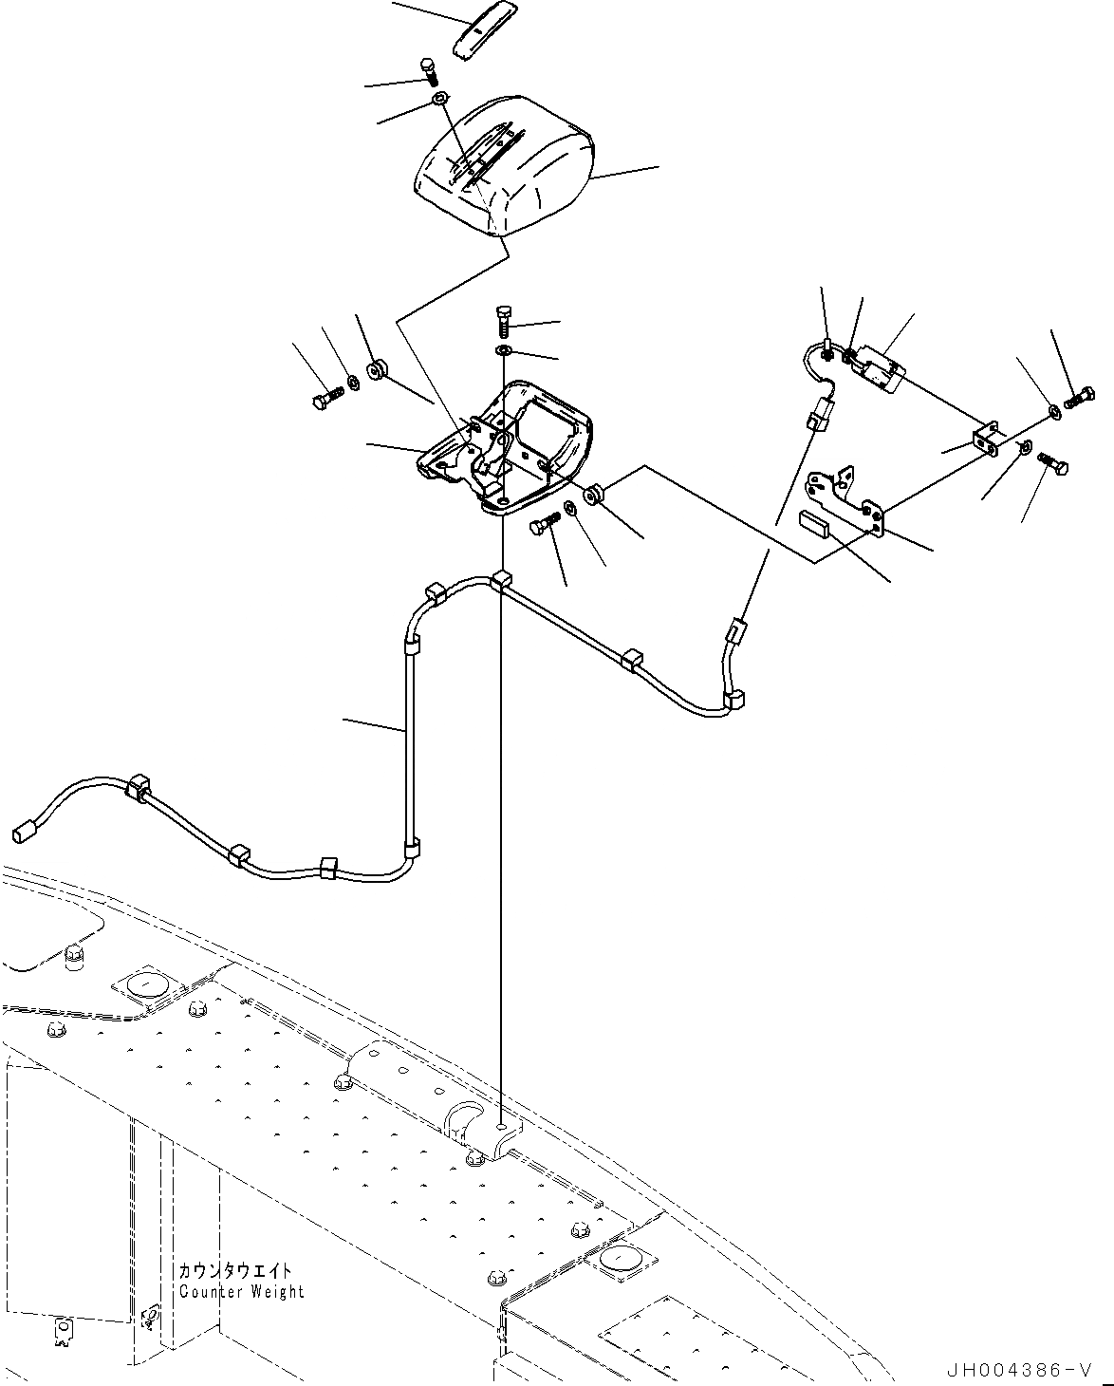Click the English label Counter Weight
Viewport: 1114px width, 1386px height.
(242, 1291)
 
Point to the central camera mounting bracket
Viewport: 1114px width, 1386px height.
(512, 447)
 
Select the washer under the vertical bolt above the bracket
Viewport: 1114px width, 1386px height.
(503, 352)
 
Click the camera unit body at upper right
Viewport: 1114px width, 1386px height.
(878, 368)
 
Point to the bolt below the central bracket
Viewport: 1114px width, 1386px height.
(546, 523)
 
